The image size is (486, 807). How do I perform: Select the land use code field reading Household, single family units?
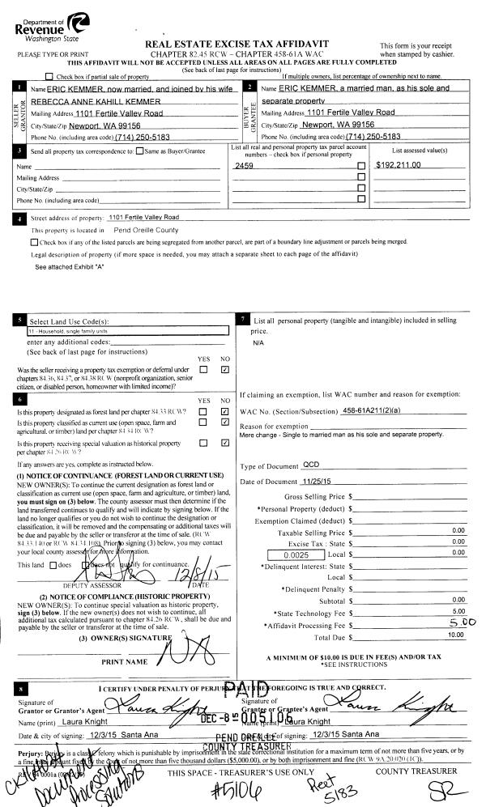coord(126,331)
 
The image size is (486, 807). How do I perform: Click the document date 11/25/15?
coord(319,482)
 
